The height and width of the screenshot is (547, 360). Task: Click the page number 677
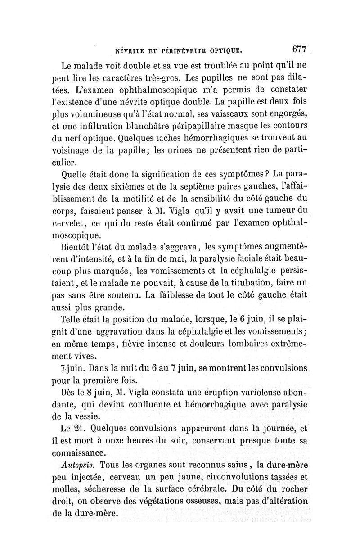click(x=299, y=49)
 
